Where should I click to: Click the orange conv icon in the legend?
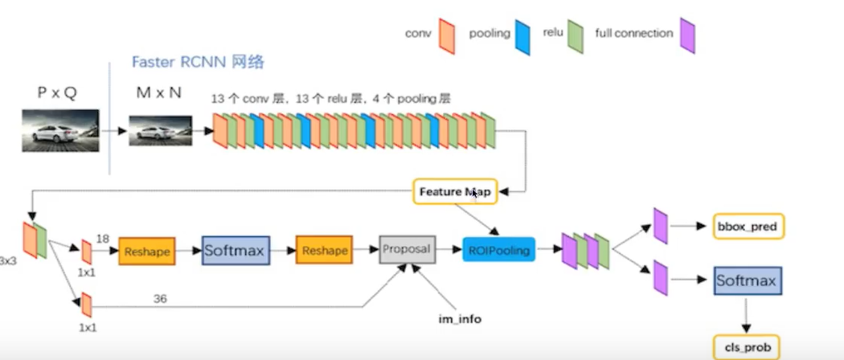pyautogui.click(x=447, y=36)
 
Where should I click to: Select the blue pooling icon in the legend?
pyautogui.click(x=523, y=36)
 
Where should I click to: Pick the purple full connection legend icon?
pyautogui.click(x=686, y=36)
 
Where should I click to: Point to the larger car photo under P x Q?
pyautogui.click(x=60, y=130)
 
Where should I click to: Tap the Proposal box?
pyautogui.click(x=407, y=249)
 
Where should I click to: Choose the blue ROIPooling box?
pyautogui.click(x=499, y=251)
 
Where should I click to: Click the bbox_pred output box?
pyautogui.click(x=748, y=227)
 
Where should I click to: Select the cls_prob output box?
pyautogui.click(x=747, y=347)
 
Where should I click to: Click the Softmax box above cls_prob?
pyautogui.click(x=748, y=280)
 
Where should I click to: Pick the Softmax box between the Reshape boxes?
pyautogui.click(x=236, y=251)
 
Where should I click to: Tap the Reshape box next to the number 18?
pyautogui.click(x=147, y=252)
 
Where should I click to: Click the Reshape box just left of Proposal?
pyautogui.click(x=324, y=251)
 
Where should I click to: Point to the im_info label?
pyautogui.click(x=459, y=319)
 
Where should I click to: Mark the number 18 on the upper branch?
pyautogui.click(x=102, y=239)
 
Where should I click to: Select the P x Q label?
pyautogui.click(x=57, y=92)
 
